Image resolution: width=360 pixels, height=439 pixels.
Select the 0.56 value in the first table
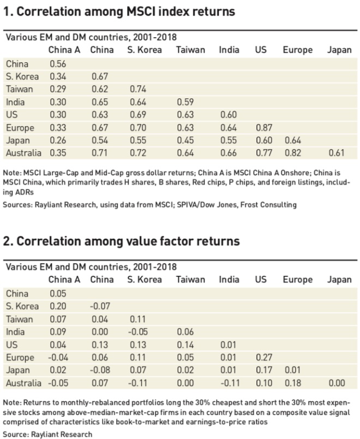click(58, 64)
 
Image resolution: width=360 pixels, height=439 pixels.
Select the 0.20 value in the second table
click(58, 306)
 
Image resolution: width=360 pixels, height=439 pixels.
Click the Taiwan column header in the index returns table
click(190, 50)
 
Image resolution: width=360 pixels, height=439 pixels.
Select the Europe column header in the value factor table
click(297, 280)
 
